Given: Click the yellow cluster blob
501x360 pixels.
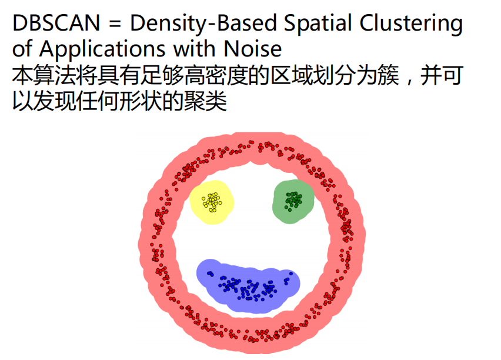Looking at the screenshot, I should (212, 201).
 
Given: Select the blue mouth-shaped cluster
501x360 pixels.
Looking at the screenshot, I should (247, 285).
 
